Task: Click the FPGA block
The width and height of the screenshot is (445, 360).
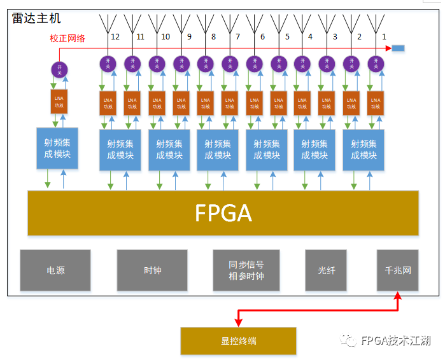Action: [223, 212]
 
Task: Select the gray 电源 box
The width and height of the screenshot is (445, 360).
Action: [55, 270]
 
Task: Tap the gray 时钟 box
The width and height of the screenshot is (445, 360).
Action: [152, 270]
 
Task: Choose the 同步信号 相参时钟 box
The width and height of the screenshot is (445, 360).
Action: [246, 270]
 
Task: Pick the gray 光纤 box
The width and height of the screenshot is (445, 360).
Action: [326, 270]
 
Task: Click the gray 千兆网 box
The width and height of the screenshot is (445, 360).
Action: [398, 270]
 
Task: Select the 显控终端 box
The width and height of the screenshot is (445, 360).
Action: [238, 341]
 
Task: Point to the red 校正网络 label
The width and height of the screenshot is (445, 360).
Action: [67, 38]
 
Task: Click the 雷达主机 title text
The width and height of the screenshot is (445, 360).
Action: [36, 18]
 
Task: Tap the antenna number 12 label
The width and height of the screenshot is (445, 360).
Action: [115, 37]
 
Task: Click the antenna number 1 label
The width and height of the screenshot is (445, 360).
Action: [384, 37]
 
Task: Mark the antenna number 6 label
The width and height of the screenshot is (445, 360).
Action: [262, 37]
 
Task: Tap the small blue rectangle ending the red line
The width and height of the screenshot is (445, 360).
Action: [397, 48]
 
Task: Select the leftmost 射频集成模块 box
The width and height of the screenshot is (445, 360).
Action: [57, 148]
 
